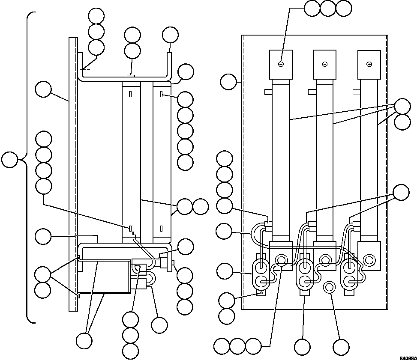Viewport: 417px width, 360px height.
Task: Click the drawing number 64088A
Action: click(x=408, y=358)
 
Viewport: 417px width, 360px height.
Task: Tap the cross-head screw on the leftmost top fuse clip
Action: click(x=281, y=64)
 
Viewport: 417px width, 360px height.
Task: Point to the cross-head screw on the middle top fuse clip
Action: click(x=325, y=64)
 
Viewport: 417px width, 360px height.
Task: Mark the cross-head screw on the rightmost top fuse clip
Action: click(x=369, y=64)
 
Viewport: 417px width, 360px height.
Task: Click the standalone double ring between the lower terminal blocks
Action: click(x=329, y=287)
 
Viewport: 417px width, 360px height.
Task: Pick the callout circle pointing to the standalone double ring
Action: click(x=341, y=347)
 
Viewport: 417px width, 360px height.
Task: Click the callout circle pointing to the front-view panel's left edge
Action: click(x=228, y=82)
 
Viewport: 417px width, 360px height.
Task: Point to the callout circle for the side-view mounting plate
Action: click(x=43, y=90)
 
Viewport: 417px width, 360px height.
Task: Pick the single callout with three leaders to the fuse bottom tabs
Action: click(x=402, y=192)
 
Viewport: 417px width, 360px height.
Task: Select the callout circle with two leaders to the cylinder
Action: click(x=84, y=341)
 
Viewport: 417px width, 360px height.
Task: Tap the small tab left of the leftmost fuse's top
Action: click(x=267, y=91)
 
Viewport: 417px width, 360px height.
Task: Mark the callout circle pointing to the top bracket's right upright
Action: click(x=170, y=35)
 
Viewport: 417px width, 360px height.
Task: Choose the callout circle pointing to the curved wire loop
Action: click(x=224, y=231)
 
